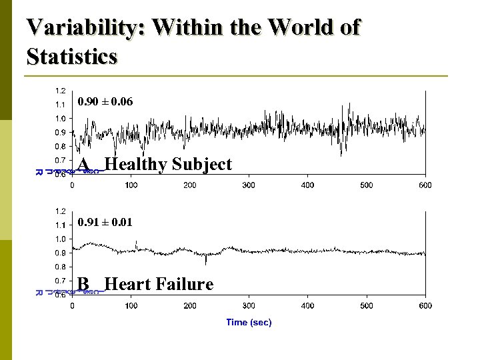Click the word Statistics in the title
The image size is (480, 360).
[72, 56]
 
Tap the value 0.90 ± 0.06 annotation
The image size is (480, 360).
[105, 102]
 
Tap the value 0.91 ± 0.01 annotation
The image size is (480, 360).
[105, 222]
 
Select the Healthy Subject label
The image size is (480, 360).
[168, 164]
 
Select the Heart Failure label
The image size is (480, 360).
[159, 284]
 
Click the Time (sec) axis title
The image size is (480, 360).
[249, 322]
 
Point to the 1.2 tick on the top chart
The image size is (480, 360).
[60, 91]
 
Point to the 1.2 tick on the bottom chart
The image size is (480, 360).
[60, 211]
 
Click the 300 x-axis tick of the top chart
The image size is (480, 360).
[249, 185]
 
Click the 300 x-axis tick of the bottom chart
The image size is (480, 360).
[249, 305]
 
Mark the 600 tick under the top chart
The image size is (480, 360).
[425, 185]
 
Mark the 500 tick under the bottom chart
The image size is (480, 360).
[366, 305]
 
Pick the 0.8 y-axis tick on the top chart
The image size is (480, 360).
[60, 146]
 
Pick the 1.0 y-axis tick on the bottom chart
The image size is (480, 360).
[60, 239]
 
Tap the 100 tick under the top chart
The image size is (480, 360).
[131, 185]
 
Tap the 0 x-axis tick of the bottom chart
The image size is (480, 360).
[73, 305]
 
